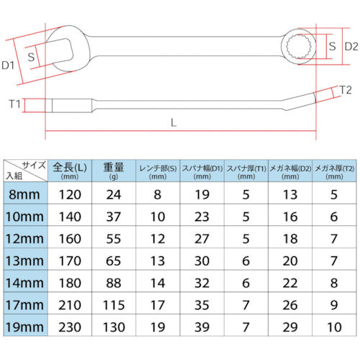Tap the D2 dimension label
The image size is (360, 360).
click(351, 47)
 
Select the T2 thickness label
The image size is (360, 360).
click(345, 89)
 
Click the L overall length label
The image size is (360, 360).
click(174, 122)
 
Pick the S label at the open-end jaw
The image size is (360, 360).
click(32, 55)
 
